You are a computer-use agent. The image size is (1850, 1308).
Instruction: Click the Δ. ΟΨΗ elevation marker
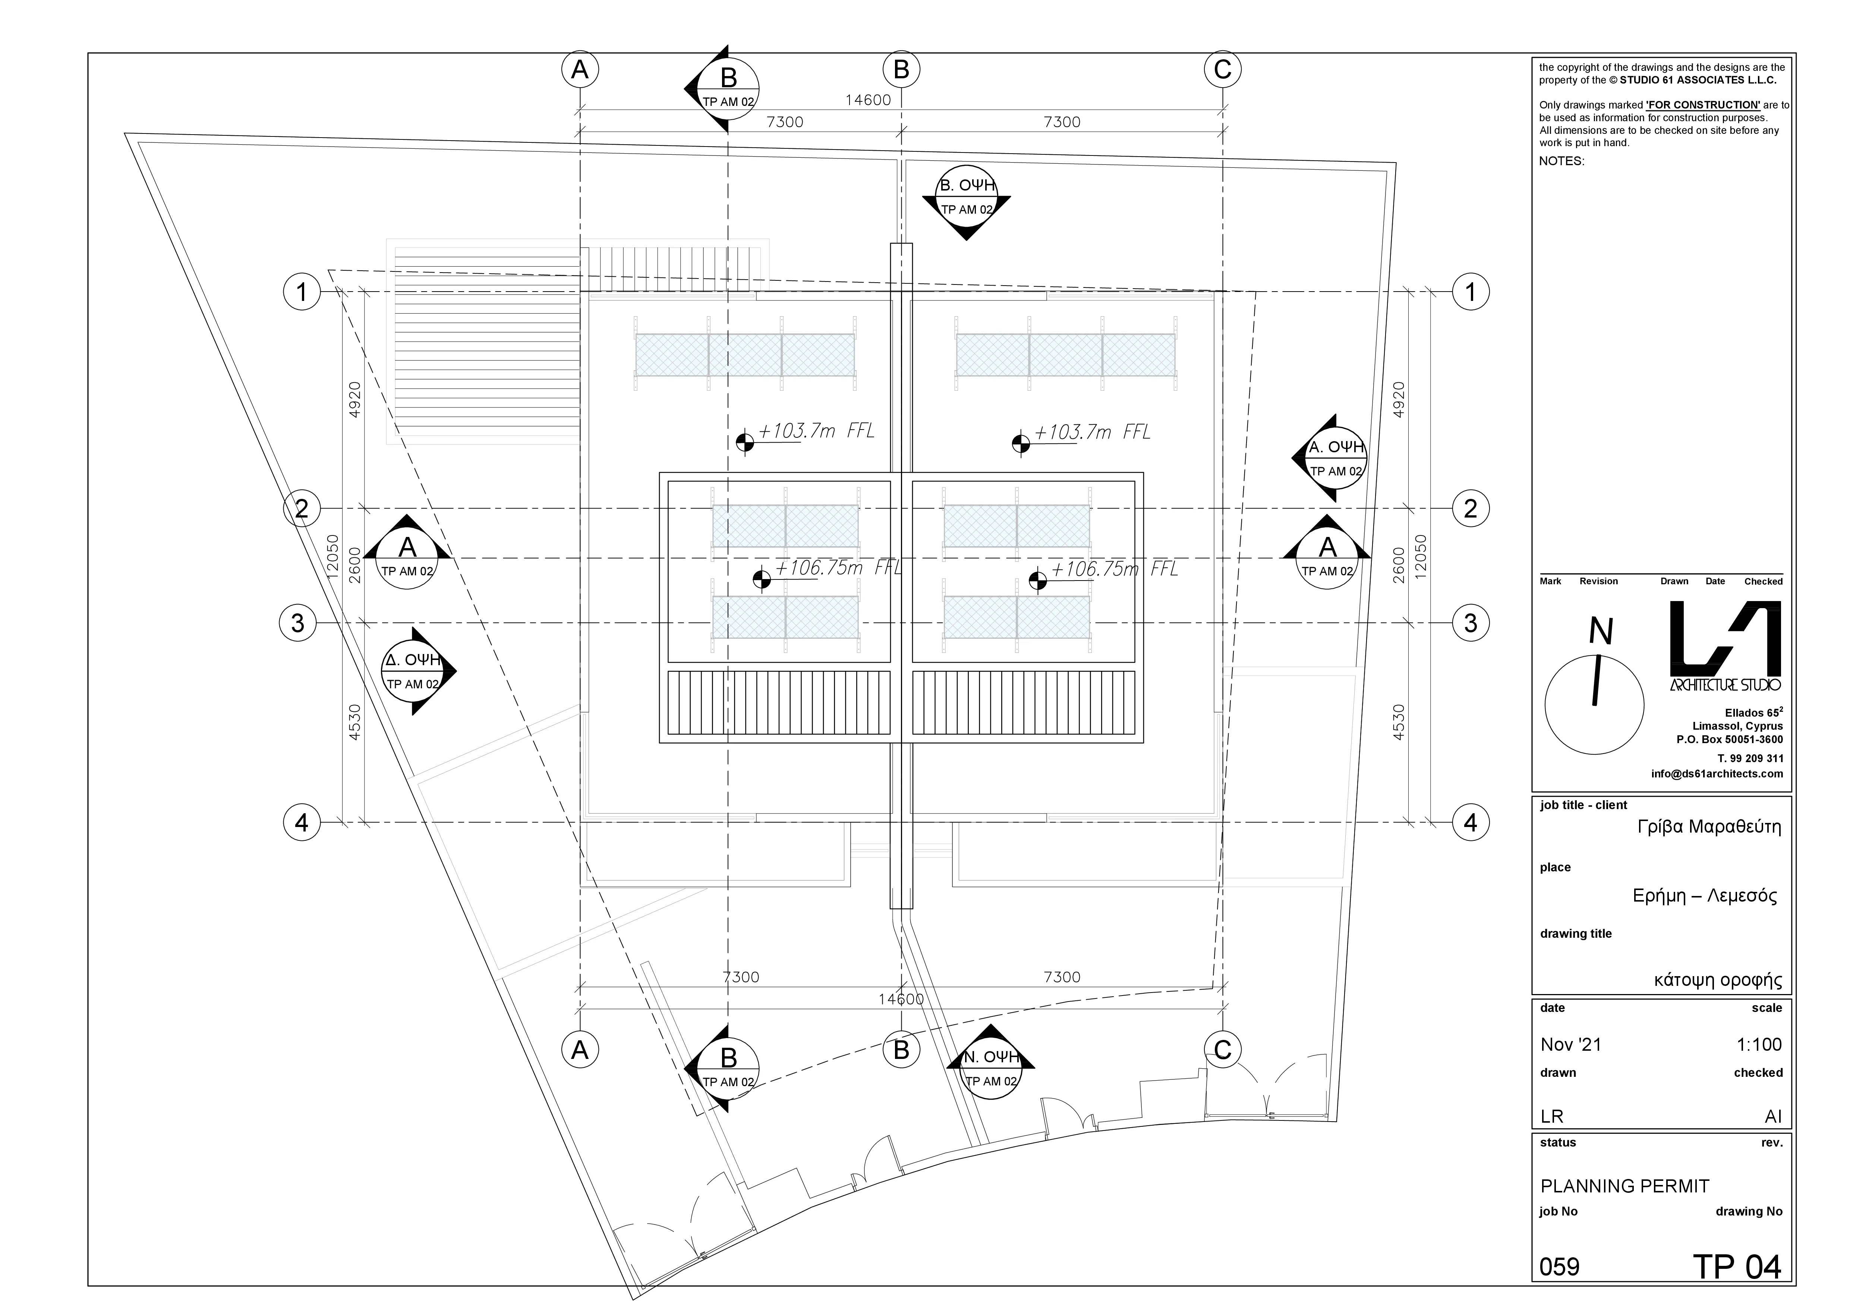[x=413, y=670]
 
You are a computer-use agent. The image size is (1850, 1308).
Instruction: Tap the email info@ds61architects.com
[x=1716, y=774]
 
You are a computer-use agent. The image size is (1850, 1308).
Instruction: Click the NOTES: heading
[x=1561, y=161]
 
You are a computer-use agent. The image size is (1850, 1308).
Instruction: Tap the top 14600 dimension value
[x=868, y=100]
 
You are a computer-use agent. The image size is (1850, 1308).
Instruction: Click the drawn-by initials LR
[x=1552, y=1116]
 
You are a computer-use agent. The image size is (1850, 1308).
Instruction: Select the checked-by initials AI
[x=1772, y=1116]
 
